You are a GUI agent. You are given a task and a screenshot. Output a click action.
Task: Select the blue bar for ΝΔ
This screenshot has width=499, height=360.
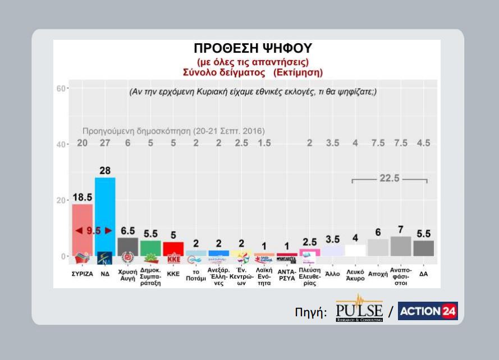tap(105, 216)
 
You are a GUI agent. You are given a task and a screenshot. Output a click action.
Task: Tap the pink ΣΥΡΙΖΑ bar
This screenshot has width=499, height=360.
tap(82, 230)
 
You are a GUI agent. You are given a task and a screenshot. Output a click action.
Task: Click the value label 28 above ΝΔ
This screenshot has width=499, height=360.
tap(105, 169)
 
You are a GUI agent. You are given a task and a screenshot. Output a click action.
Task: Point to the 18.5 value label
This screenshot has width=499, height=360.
tap(82, 197)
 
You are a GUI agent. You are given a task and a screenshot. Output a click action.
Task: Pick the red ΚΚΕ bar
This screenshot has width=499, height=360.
tap(173, 249)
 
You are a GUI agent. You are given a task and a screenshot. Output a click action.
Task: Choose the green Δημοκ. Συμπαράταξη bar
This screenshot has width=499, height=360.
tap(150, 248)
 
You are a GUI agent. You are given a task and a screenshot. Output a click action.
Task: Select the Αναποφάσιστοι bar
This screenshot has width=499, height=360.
tap(400, 246)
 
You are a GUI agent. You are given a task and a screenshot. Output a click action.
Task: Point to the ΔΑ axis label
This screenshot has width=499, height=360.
tap(423, 274)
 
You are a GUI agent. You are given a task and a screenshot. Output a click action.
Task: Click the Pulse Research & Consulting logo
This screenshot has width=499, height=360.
tap(359, 309)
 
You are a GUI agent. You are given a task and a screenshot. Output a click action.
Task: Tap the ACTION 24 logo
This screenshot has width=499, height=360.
tap(428, 311)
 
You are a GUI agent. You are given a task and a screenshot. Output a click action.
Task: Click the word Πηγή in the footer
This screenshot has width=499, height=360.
tap(310, 312)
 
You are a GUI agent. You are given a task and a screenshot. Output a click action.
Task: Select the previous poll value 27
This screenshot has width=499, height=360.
tap(105, 144)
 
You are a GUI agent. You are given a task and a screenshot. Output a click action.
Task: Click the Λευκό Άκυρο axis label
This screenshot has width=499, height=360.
tap(355, 275)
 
